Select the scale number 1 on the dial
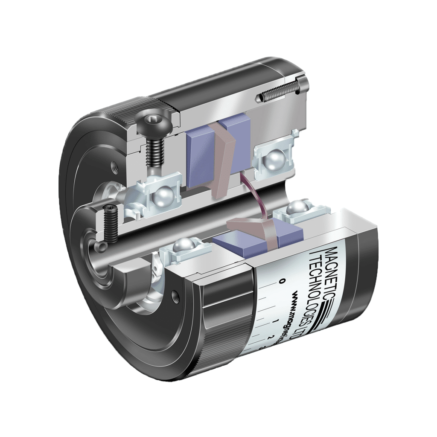(x=277, y=320)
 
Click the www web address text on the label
(x=301, y=311)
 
